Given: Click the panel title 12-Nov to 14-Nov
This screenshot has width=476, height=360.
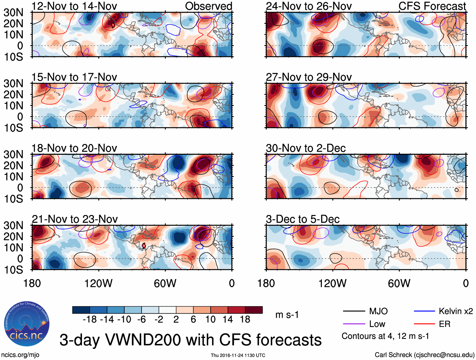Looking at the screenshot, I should (74, 6).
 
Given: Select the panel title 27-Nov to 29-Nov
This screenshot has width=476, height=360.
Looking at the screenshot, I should (309, 77).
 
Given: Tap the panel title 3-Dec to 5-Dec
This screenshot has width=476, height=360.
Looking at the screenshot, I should (303, 219).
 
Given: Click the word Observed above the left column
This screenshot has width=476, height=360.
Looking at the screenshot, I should (208, 6).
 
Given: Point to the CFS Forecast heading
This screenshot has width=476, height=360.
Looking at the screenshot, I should (432, 6).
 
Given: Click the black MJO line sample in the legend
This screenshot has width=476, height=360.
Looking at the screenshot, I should (354, 311).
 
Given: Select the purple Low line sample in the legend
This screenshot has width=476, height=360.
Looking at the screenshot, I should (354, 324).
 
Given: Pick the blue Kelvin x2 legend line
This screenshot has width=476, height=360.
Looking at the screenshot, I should (424, 311).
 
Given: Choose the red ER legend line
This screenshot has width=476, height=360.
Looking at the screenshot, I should (424, 324).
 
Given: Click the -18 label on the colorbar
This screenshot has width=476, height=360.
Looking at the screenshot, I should (90, 320).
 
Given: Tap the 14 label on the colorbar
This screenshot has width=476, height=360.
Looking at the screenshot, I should (228, 320).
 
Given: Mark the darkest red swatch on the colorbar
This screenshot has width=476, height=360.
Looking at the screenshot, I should (254, 310).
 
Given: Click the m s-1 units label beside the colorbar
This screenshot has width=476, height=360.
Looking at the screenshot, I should (287, 315).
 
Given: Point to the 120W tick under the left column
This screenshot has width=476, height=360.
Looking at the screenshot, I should (98, 283).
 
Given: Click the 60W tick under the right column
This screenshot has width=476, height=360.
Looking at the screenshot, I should (399, 283).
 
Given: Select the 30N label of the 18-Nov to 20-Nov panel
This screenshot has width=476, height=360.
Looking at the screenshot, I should (13, 154).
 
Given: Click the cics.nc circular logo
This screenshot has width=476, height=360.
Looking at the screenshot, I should (27, 324).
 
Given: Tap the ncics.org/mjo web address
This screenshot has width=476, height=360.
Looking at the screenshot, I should (20, 355).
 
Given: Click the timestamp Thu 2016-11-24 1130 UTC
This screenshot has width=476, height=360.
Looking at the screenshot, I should (238, 355).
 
